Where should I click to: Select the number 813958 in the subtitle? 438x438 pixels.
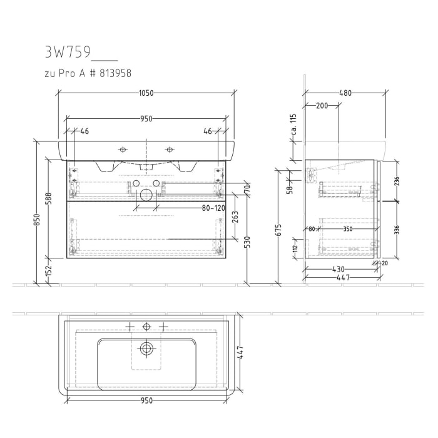(x=115, y=74)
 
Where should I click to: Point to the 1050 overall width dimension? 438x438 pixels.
(x=146, y=93)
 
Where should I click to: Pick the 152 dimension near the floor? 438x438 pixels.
(x=49, y=271)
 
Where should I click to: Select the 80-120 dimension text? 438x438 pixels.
(x=213, y=208)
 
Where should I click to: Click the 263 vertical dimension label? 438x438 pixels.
(x=235, y=217)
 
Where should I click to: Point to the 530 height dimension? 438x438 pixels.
(x=247, y=242)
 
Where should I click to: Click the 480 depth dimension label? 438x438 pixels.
(x=345, y=93)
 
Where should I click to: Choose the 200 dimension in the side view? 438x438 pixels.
(x=322, y=106)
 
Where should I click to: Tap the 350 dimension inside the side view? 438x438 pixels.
(x=347, y=229)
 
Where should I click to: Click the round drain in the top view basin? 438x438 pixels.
(x=146, y=349)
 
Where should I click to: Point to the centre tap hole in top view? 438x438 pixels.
(x=146, y=327)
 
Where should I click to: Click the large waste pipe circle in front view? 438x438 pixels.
(x=146, y=195)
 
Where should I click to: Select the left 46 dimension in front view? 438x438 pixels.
(x=85, y=131)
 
